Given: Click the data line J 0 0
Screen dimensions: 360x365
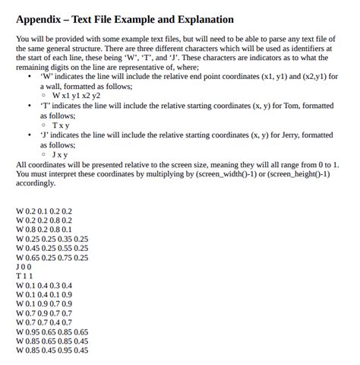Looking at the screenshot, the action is tap(24, 267).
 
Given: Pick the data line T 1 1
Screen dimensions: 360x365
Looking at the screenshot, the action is tap(24, 276).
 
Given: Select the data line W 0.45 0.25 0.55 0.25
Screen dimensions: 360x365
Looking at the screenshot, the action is tap(52, 248).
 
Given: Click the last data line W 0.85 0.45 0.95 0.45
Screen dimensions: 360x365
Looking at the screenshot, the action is tap(52, 351).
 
